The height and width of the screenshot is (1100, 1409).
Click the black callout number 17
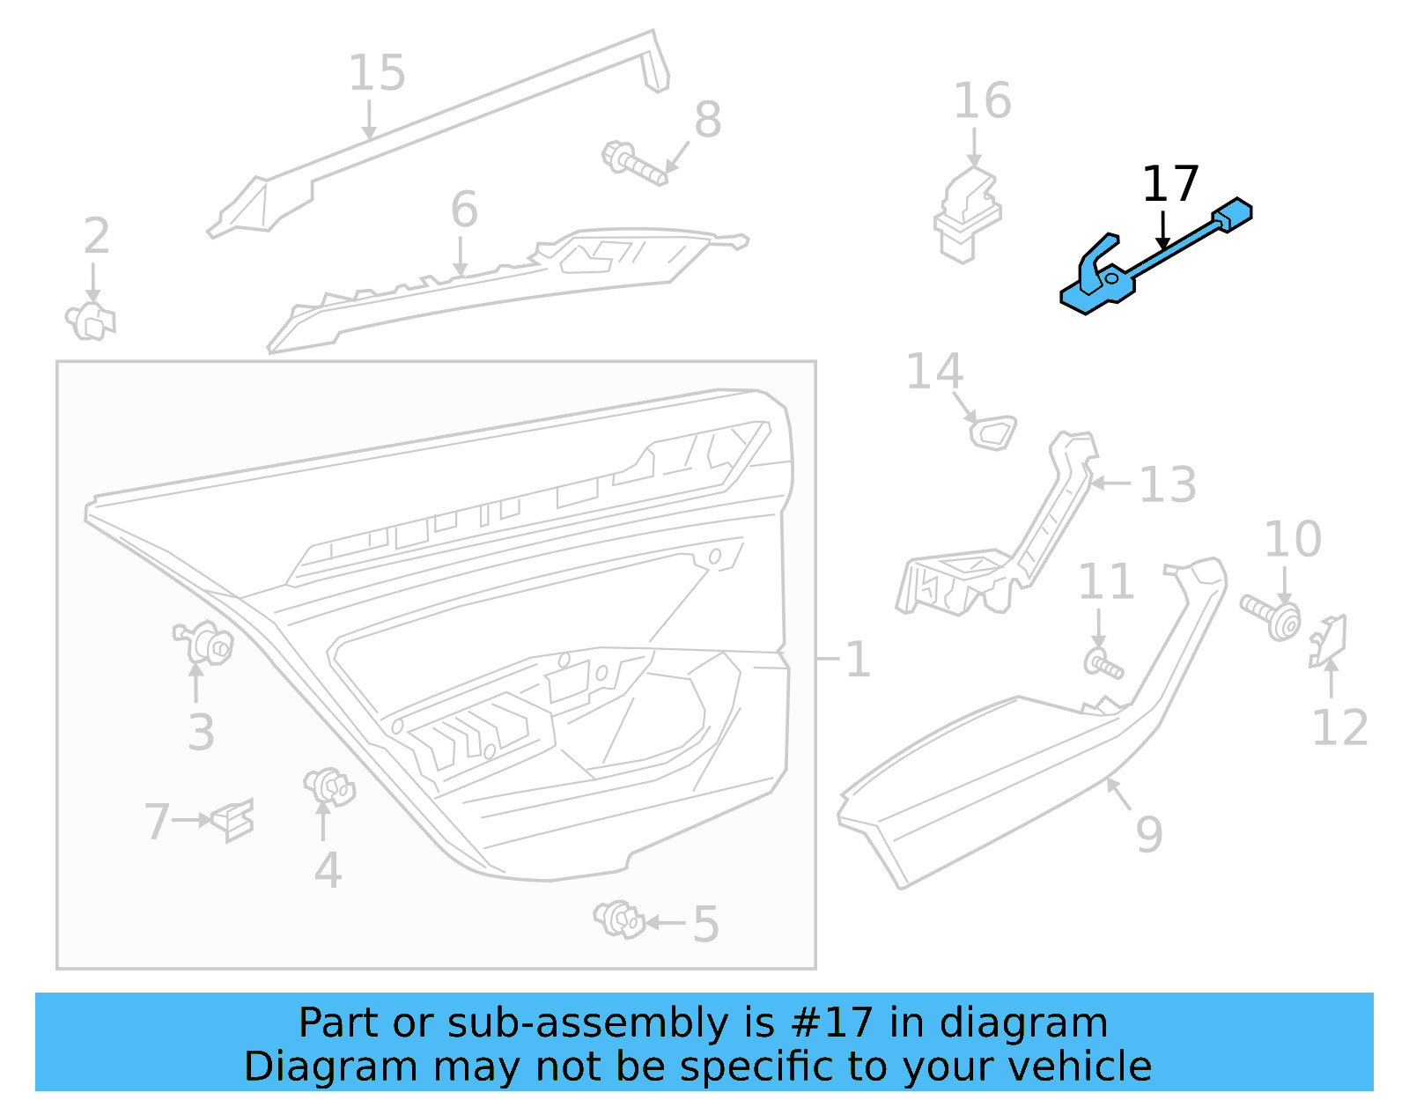(x=1169, y=183)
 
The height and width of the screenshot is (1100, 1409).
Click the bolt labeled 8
(x=633, y=164)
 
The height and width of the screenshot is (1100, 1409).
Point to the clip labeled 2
(x=90, y=321)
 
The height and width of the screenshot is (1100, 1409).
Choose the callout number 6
(x=464, y=210)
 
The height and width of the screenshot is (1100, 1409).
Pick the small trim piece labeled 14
(x=992, y=432)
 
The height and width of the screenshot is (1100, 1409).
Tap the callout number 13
(x=1167, y=484)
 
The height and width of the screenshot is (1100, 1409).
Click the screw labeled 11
(x=1103, y=664)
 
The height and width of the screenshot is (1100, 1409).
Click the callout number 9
(x=1148, y=833)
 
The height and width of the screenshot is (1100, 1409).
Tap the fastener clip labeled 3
(x=206, y=644)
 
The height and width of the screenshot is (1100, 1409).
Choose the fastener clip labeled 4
(x=329, y=786)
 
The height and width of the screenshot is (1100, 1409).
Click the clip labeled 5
(x=620, y=919)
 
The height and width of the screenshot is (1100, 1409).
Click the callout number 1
(x=857, y=660)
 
